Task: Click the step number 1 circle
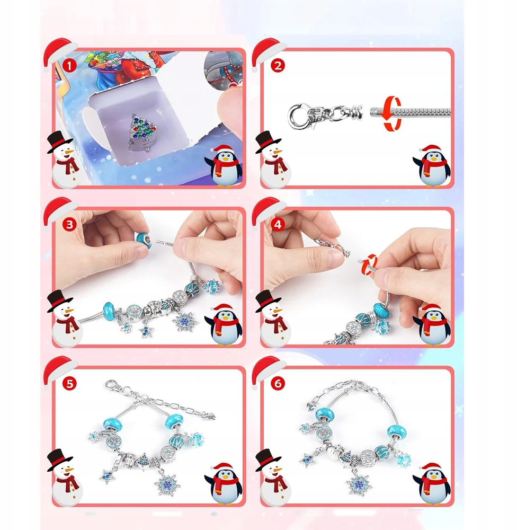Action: [69, 66]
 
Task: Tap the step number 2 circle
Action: [278, 66]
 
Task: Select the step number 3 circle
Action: [69, 224]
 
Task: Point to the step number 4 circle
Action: [278, 224]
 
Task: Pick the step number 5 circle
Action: [69, 384]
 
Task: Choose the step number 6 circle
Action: [278, 384]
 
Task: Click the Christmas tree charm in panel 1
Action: [141, 132]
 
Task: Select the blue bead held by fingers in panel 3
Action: [144, 240]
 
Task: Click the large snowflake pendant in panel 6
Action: [359, 484]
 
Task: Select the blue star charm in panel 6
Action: [308, 461]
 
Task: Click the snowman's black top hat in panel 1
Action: [59, 142]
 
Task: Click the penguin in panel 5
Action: [224, 484]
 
